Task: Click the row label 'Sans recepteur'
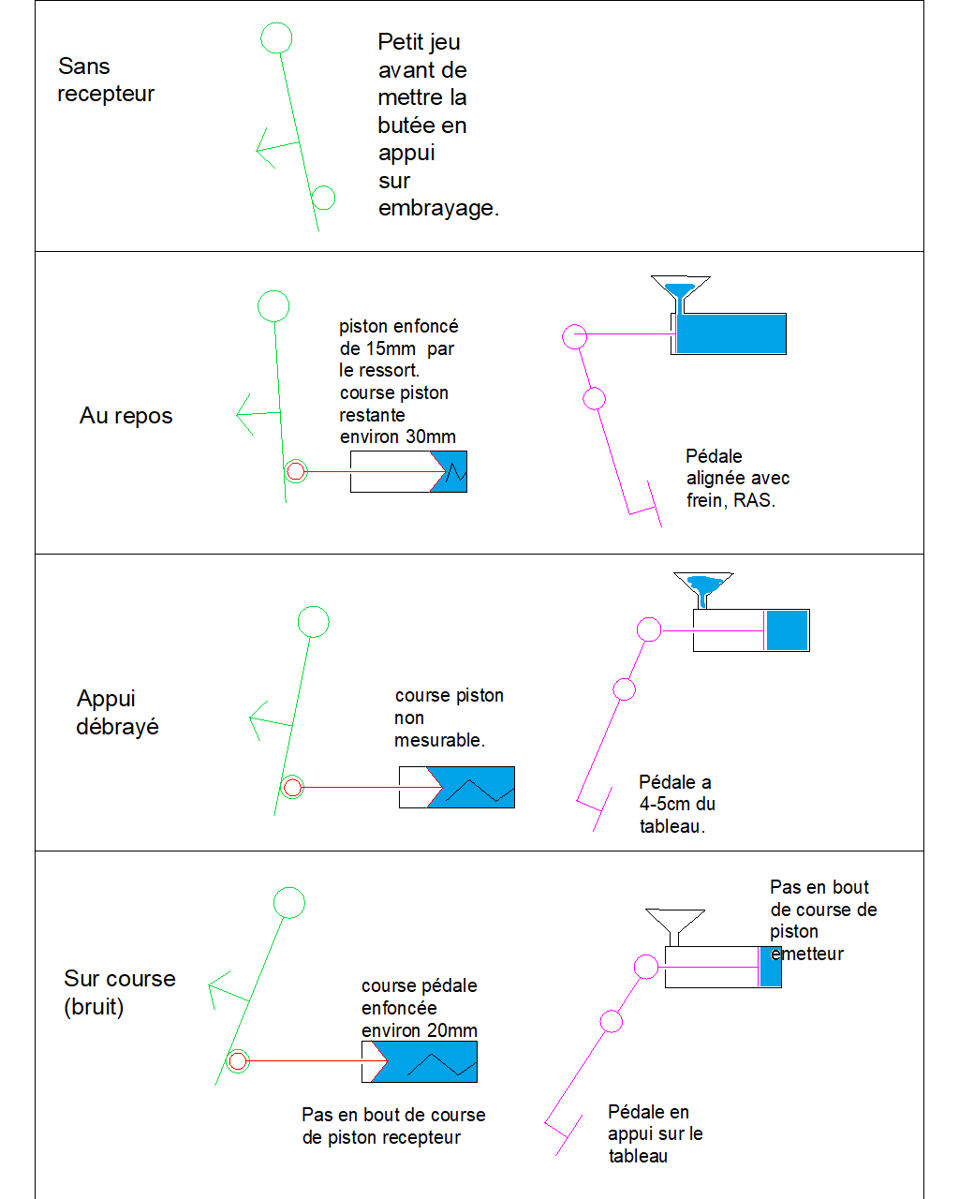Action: (x=105, y=80)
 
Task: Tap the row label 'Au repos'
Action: (x=125, y=416)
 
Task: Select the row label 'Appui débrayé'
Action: (x=117, y=713)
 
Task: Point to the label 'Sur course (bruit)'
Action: (x=119, y=992)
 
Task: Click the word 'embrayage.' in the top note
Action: (x=438, y=208)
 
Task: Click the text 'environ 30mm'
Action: (x=397, y=437)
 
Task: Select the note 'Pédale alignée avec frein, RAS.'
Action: (x=737, y=478)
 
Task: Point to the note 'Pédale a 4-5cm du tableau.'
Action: (x=676, y=804)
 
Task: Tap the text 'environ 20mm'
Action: (x=419, y=1030)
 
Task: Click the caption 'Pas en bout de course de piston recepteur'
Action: (x=393, y=1126)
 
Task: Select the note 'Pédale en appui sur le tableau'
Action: (x=655, y=1133)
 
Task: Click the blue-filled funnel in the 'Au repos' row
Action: (x=681, y=289)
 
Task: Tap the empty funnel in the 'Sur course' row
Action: (x=674, y=922)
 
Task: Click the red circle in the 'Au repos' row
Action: (x=296, y=471)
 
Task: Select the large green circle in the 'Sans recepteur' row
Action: (x=275, y=38)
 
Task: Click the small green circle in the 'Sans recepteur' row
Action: (x=323, y=198)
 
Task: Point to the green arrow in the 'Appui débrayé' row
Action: (x=268, y=721)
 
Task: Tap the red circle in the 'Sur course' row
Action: (x=238, y=1061)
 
